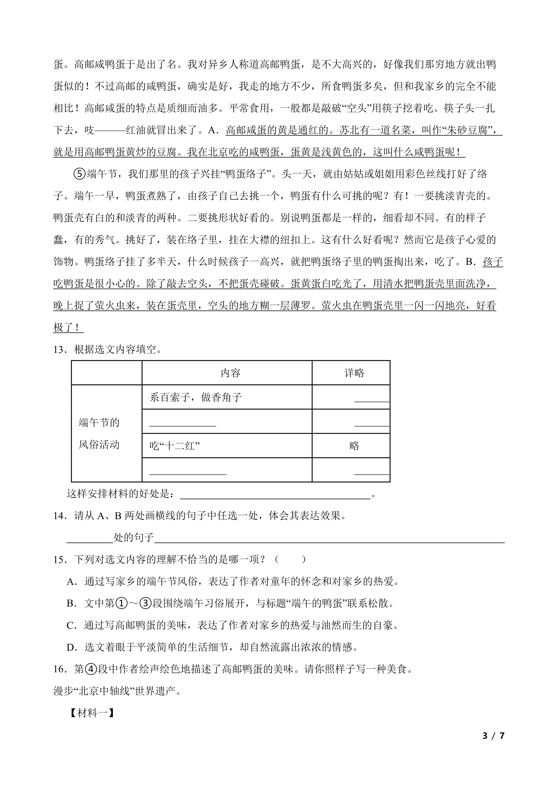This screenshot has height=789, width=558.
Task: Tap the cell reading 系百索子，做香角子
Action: tap(195, 398)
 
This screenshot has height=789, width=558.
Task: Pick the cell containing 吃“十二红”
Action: tap(175, 446)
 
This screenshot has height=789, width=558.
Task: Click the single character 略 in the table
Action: tap(354, 446)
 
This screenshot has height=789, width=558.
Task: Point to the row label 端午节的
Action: tap(99, 422)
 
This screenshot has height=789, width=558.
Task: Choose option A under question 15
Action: tap(71, 581)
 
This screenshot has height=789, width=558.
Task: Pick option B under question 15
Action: tap(71, 603)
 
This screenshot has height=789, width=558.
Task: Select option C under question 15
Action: tap(71, 625)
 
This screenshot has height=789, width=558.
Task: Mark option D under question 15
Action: tap(71, 648)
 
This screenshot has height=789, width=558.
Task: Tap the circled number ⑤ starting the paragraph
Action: tap(79, 174)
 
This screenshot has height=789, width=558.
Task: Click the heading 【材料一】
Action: tap(91, 713)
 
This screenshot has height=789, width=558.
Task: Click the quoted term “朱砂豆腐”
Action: tap(468, 130)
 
